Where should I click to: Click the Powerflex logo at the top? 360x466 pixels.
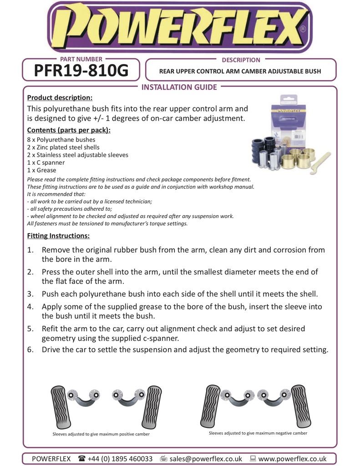[x=180, y=27]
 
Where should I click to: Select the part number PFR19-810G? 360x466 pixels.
[x=81, y=71]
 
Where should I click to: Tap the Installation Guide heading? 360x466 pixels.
[x=180, y=87]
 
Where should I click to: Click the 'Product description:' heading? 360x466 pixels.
[x=60, y=98]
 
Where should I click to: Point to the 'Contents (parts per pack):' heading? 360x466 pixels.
[x=69, y=130]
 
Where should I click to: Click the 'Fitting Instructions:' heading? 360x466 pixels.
[x=58, y=236]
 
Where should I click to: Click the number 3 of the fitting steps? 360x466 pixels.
[x=30, y=294]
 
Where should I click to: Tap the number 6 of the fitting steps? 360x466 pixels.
[x=30, y=350]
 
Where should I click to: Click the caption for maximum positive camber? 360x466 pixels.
[x=101, y=434]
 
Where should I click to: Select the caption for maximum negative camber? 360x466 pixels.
[x=258, y=433]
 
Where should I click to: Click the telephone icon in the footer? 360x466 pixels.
[x=81, y=459]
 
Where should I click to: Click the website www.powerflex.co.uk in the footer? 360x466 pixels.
[x=292, y=459]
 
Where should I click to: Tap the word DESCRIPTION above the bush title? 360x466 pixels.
[x=241, y=60]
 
